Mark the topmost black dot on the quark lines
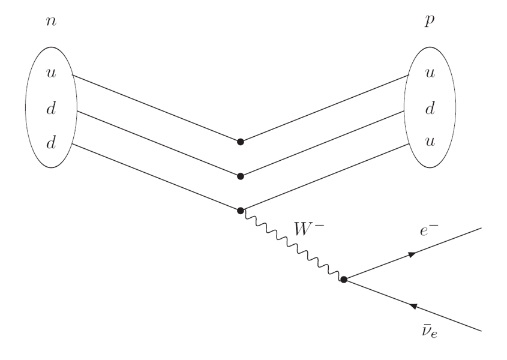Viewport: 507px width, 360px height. click(241, 142)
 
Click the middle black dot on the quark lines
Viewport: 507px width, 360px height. click(241, 176)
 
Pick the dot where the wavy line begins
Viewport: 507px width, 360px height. click(241, 211)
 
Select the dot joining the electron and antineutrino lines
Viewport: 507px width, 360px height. click(344, 280)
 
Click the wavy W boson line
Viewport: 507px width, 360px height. click(292, 245)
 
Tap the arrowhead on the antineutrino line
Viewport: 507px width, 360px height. click(413, 305)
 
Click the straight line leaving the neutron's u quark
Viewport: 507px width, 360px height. click(156, 109)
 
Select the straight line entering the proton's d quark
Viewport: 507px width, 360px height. click(324, 143)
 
